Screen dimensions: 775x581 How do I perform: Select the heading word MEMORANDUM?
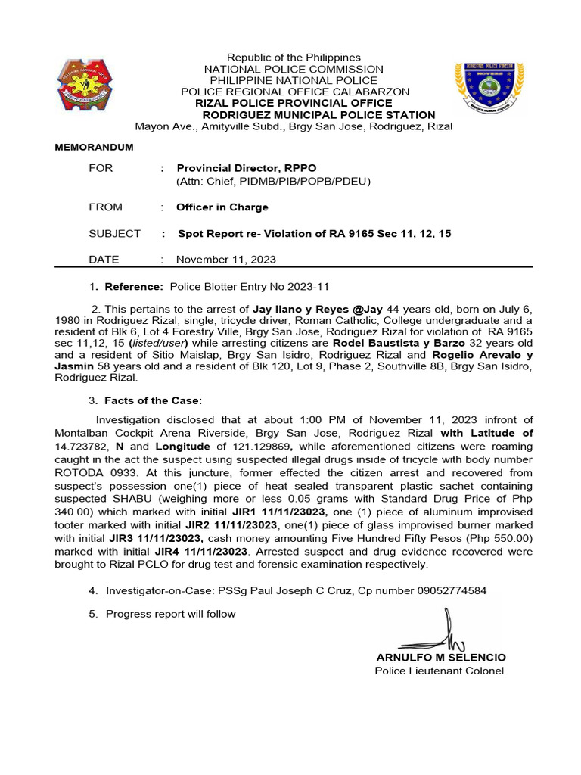(x=94, y=147)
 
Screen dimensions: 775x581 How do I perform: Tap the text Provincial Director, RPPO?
(x=247, y=168)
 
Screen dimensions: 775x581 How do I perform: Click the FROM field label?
(x=105, y=207)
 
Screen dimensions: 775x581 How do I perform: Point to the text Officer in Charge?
(x=222, y=207)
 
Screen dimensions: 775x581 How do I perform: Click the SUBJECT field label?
(x=114, y=234)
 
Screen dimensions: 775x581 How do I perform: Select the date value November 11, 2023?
(x=225, y=260)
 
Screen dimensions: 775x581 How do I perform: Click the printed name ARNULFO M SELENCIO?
(x=440, y=658)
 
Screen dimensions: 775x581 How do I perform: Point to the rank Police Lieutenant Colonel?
(x=439, y=671)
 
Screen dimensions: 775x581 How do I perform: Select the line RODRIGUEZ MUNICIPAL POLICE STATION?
(x=319, y=115)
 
